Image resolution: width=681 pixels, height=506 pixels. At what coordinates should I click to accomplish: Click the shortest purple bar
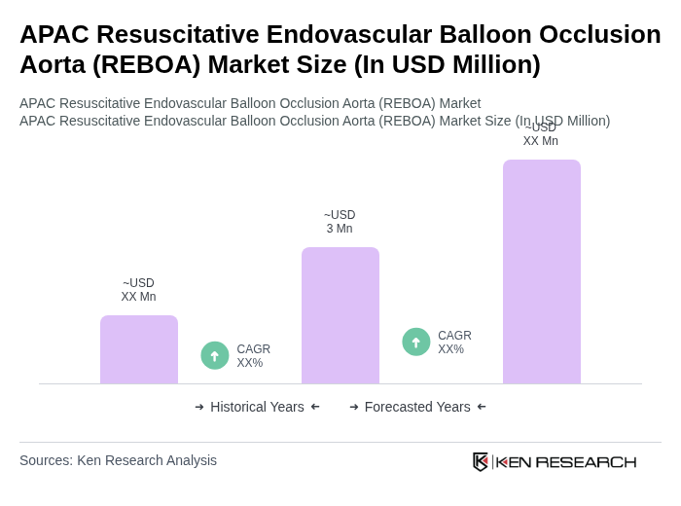pos(139,349)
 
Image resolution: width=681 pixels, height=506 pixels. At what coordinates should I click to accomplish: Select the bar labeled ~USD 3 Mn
pos(340,315)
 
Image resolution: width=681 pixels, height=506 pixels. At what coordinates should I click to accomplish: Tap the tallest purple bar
pos(541,271)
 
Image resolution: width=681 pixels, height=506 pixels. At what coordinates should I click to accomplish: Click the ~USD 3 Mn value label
pos(340,222)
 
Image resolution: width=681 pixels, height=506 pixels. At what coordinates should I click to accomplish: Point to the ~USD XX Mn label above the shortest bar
pos(138,290)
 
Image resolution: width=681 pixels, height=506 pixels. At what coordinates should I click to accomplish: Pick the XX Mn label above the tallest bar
pos(540,141)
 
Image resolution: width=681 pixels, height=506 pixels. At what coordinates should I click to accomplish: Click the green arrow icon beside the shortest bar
pos(215,355)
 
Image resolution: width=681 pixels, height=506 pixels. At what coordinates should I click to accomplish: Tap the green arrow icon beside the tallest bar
pos(416,342)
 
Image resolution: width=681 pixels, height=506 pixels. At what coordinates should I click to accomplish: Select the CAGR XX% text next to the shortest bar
pos(253,356)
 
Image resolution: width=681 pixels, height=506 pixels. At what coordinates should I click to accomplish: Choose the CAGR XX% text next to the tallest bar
pos(454,343)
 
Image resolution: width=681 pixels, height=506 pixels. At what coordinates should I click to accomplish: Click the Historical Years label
pos(257,407)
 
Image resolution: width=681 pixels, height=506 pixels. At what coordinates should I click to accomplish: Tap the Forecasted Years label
pos(417,407)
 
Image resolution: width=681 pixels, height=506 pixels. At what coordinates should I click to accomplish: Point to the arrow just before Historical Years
pos(199,407)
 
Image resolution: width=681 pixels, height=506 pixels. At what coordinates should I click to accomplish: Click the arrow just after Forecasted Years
pos(482,407)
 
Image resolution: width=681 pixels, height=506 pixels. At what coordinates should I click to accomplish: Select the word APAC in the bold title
pos(54,34)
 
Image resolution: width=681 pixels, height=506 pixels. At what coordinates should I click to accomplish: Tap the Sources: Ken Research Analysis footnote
pos(118,460)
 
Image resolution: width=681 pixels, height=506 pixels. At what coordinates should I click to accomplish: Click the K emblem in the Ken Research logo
pos(481,461)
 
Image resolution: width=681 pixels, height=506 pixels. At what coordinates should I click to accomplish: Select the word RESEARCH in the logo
pos(586,461)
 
